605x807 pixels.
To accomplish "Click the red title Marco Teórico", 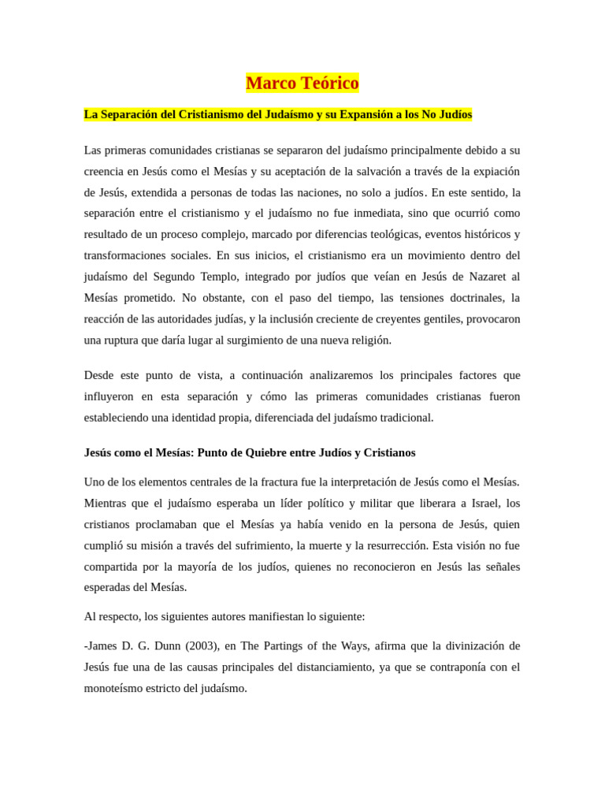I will pyautogui.click(x=302, y=83).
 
